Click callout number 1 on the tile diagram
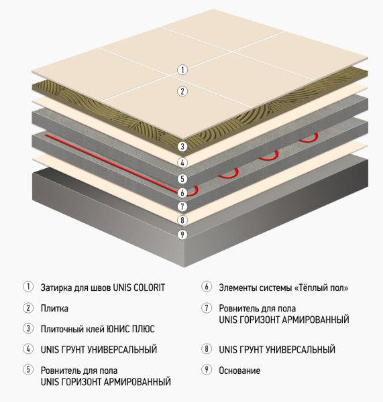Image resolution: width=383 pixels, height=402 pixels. click(182, 70)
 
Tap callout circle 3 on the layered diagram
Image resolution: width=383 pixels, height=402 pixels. click(182, 146)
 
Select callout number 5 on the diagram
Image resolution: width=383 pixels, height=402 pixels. click(182, 179)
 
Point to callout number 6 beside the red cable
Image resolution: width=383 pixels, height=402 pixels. click(182, 193)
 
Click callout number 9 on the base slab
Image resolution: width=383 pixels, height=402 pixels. click(182, 234)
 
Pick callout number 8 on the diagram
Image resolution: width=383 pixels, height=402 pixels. click(182, 220)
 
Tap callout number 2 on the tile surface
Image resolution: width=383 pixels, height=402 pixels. click(182, 91)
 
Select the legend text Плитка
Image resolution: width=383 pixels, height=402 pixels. click(54, 308)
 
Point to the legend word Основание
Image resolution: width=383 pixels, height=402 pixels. click(239, 371)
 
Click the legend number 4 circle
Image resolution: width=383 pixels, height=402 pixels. click(28, 348)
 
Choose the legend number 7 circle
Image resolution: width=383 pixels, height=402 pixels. click(207, 308)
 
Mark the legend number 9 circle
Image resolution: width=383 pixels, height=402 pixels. click(207, 370)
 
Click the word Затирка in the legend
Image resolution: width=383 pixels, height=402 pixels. click(56, 287)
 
